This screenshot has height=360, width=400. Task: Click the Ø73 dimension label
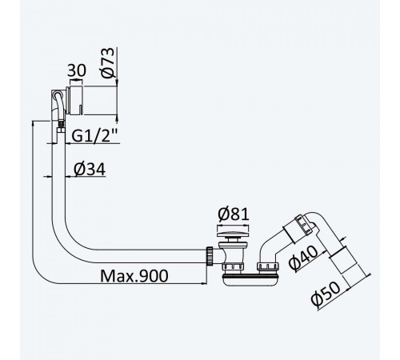click(108, 62)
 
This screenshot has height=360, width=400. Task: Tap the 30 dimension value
click(77, 70)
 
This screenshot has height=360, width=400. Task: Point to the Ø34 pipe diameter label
click(90, 169)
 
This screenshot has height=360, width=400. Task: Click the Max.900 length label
click(134, 276)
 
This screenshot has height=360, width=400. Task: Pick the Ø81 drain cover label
click(234, 214)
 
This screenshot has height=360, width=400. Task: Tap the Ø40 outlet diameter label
click(304, 258)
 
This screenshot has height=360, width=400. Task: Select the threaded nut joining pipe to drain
click(210, 256)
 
